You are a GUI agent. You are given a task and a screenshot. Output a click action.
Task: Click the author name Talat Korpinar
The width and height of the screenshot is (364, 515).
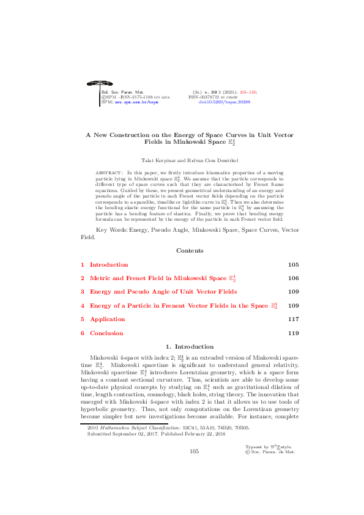tap(158, 160)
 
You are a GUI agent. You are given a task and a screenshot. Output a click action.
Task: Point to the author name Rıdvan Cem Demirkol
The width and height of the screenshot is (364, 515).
tap(204, 160)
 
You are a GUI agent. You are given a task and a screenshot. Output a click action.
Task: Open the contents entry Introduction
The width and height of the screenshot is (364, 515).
tap(109, 265)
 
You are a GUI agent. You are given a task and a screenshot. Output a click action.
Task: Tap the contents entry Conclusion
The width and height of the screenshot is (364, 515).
tap(106, 333)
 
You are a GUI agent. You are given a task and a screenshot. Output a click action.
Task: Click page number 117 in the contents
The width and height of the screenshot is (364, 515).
tap(292, 319)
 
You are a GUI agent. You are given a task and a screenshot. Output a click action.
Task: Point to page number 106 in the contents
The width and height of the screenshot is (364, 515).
tap(292, 278)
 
